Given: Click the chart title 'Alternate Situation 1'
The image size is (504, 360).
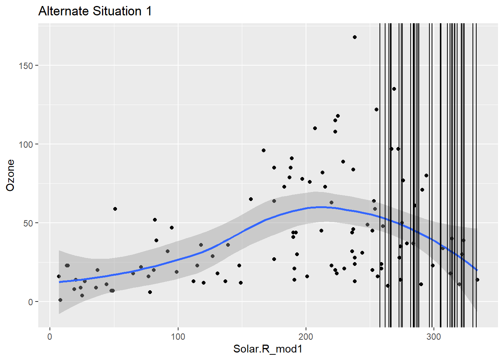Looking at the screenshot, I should tap(95, 11).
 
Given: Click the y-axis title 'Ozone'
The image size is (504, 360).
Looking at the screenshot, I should tap(10, 175).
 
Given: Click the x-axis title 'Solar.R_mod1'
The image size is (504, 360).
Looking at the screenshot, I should tap(268, 349).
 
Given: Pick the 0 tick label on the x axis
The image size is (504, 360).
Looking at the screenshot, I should tap(50, 336).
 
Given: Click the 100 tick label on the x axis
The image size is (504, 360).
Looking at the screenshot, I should tap(178, 336).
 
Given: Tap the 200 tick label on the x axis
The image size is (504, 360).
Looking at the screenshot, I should tap(306, 336).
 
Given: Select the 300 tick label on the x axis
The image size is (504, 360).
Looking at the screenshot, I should tap(434, 336).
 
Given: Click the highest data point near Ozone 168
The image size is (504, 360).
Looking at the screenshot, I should tap(355, 37).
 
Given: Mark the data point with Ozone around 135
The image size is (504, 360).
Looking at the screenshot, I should tap(394, 89).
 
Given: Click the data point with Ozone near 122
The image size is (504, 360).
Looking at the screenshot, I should tap(376, 109).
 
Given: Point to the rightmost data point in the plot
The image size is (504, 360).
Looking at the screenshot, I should tap(477, 280).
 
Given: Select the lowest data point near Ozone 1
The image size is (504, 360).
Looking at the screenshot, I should tap(60, 300).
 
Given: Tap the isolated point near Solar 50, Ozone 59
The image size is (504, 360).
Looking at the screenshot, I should tap(115, 209).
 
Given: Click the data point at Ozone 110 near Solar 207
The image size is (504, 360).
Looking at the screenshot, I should tap(315, 128).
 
